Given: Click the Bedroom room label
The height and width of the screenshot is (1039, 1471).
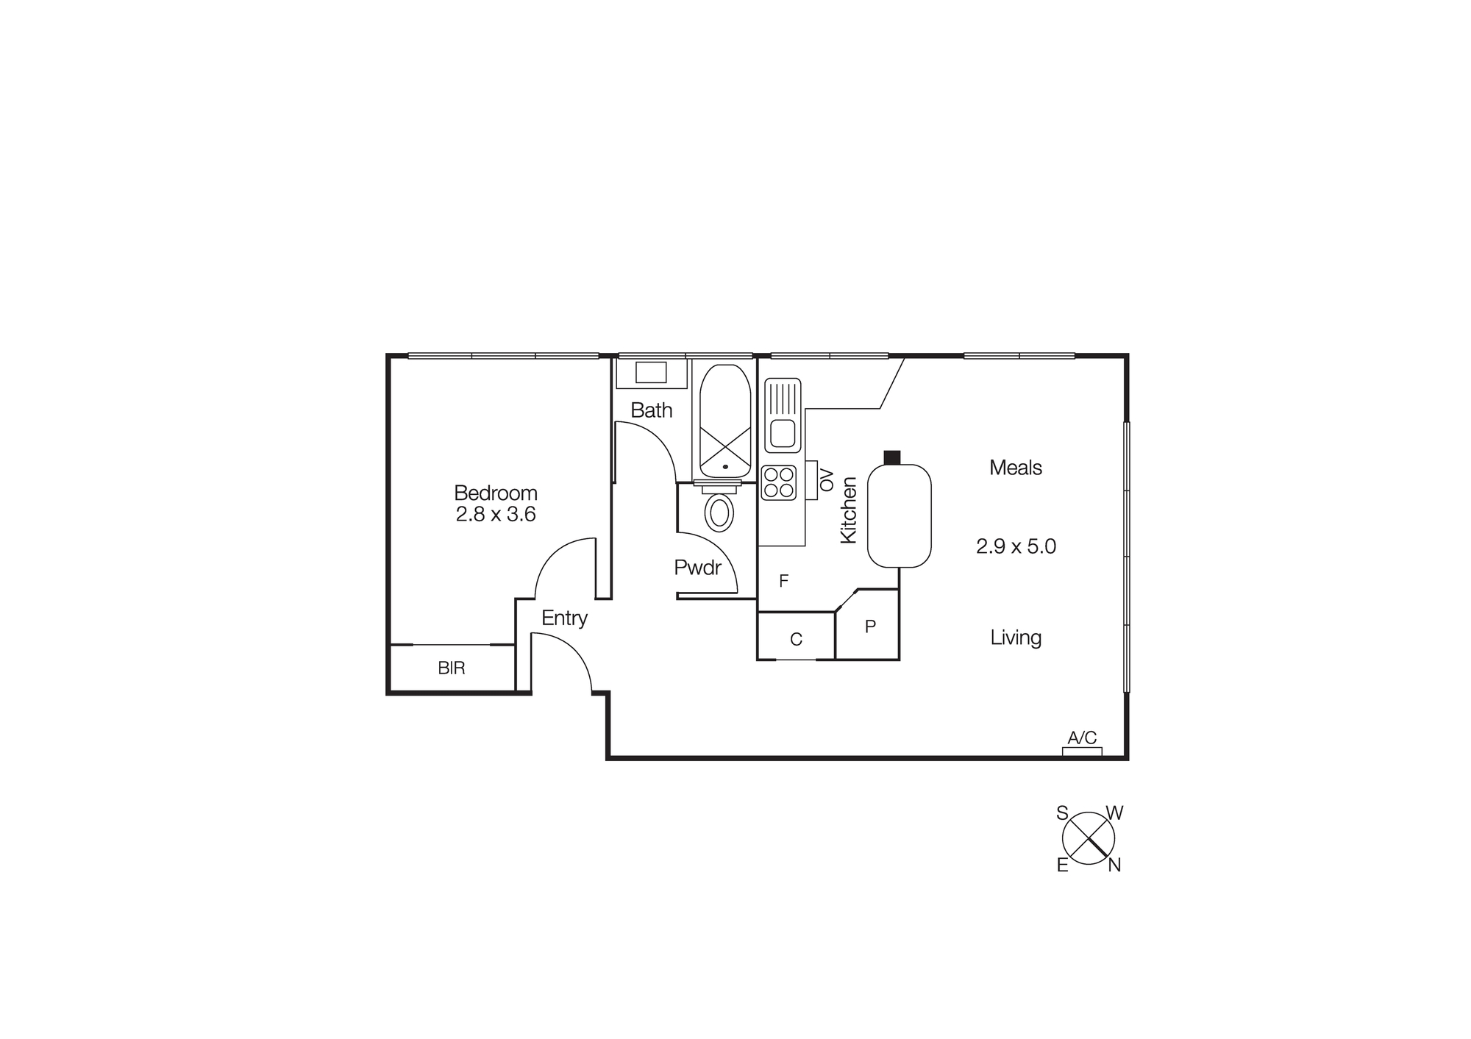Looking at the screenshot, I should pos(495,493).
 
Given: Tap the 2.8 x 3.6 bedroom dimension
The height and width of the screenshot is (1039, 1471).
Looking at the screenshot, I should pos(495,515).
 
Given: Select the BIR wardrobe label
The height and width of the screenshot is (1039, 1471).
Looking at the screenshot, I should pos(451,668).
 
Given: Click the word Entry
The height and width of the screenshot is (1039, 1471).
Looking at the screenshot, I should pos(564,618).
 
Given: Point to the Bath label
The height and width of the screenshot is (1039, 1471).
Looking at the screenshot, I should pos(651,410).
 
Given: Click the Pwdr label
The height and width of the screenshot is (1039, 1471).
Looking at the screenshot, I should pos(697,568).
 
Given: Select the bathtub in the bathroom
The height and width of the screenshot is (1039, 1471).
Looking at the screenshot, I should pos(725,421).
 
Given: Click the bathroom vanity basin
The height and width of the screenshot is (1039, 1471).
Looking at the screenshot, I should pos(651,373).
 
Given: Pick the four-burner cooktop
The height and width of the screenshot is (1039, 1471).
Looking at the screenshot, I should pos(779,483).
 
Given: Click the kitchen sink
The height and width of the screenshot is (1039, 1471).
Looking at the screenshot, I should pos(783,415).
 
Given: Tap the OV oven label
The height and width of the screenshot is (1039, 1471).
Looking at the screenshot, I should pos(827,480).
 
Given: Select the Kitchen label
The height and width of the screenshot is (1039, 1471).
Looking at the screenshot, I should pos(848,510).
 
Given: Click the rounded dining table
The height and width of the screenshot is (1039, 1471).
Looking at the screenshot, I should pos(899,515).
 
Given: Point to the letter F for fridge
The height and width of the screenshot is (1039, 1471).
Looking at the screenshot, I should pos(783,582).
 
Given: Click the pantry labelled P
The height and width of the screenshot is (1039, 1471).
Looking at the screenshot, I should pos(870,626).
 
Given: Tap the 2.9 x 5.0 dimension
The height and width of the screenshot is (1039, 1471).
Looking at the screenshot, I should pos(1016,547).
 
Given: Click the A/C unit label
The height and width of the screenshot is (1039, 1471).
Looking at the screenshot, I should pos(1082,738).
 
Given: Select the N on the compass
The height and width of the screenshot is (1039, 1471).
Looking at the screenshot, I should pos(1114,866).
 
